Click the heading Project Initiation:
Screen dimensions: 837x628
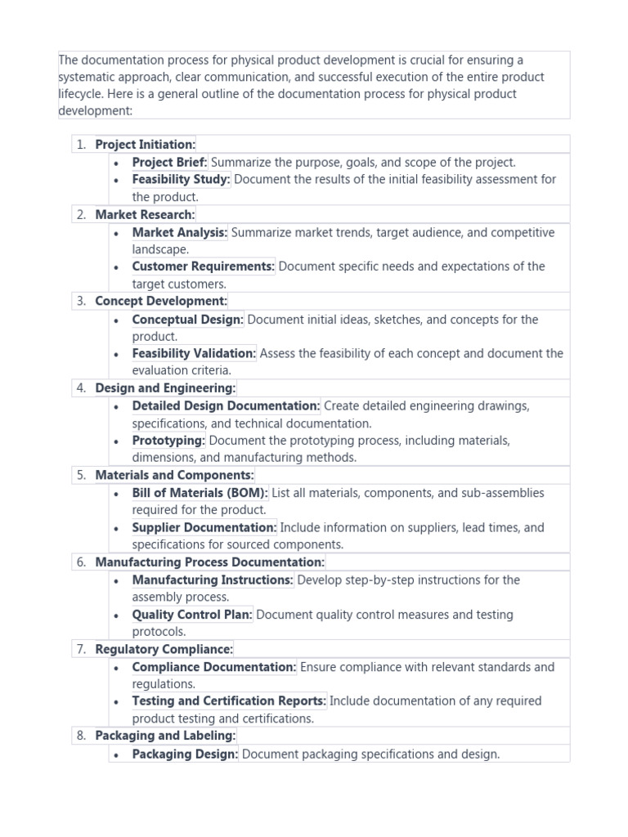point(145,145)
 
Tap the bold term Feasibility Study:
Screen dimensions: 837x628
point(182,179)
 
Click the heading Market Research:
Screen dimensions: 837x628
point(145,214)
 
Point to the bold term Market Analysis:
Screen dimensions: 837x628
point(180,232)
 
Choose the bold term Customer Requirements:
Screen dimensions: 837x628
point(203,266)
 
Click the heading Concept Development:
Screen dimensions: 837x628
point(161,301)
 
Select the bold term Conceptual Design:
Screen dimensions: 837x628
point(187,320)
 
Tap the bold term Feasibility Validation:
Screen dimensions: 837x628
point(194,353)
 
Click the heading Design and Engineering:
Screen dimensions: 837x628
point(165,388)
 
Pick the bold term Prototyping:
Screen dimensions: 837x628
point(168,441)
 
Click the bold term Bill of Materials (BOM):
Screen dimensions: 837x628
point(200,493)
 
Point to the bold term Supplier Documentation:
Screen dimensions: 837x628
point(204,527)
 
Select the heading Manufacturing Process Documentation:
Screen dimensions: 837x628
point(209,562)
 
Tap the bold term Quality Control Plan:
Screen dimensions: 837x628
point(192,615)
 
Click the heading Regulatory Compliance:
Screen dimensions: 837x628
point(164,649)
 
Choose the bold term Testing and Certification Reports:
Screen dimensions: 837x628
point(229,700)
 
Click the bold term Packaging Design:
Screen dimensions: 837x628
point(185,754)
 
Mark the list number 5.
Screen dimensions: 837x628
point(81,475)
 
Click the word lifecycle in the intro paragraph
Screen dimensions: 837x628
point(82,94)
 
